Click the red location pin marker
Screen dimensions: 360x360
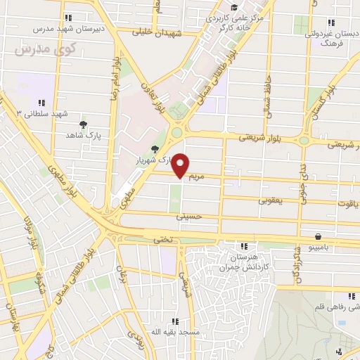(x=181, y=165)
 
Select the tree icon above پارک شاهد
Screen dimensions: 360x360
(x=84, y=124)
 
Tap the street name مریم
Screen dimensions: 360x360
(x=197, y=177)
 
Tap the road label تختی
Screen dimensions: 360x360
(x=162, y=240)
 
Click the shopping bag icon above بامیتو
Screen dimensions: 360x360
(x=319, y=236)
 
